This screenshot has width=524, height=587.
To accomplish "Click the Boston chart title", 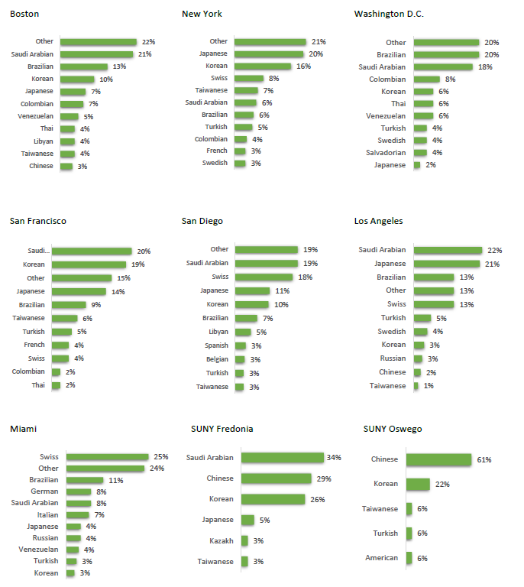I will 24,14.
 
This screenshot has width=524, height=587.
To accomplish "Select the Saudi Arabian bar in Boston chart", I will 96,54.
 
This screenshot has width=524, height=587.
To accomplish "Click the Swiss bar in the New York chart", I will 249,79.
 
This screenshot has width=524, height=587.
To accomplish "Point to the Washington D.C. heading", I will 389,14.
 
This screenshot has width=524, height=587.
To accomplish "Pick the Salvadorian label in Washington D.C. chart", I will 385,153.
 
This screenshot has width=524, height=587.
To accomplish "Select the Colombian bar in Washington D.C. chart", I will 426,79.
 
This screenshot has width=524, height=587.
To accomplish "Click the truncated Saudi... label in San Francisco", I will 38,251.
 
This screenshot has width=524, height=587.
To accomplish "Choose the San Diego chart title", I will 202,221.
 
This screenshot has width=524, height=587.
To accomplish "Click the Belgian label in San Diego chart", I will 217,359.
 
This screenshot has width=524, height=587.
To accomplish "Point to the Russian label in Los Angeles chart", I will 393,358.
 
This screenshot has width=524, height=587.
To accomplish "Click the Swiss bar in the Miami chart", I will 107,457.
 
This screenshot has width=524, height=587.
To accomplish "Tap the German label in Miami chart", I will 44,491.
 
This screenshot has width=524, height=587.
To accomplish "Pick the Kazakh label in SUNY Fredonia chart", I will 222,541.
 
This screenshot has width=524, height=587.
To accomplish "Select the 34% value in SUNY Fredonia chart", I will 333,458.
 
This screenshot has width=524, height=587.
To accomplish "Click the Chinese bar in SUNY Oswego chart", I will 438,460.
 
